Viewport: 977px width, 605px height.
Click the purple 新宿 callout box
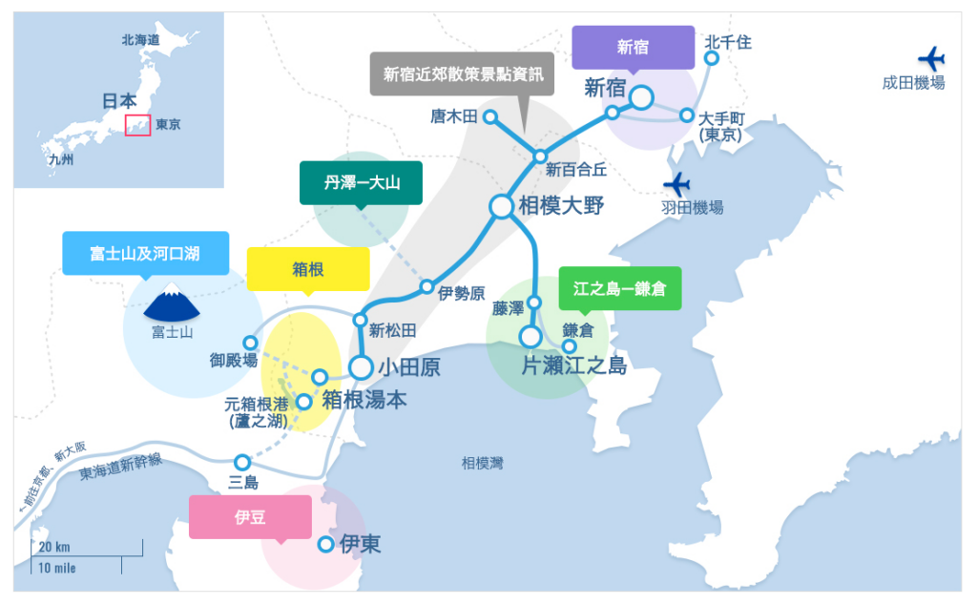tap(633, 47)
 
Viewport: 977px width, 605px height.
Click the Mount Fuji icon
tap(172, 302)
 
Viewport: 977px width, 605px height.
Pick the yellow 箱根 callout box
tap(308, 269)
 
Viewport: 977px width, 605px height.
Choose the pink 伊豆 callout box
tap(250, 516)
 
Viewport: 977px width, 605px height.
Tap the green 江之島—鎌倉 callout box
tap(620, 288)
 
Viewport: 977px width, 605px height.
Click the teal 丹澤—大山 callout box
tap(361, 182)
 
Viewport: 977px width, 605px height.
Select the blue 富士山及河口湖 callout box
tap(145, 253)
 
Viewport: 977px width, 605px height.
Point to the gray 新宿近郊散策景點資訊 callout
tap(462, 73)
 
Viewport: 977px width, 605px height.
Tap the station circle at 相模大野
tap(501, 206)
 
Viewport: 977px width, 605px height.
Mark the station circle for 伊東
tap(325, 544)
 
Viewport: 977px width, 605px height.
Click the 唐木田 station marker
tap(490, 117)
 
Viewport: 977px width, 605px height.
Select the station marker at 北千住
tap(712, 58)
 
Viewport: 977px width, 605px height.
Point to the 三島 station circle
tap(242, 462)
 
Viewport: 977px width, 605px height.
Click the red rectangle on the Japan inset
tap(138, 125)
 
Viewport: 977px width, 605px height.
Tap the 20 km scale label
tap(53, 547)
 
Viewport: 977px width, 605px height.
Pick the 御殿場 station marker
tap(250, 343)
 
